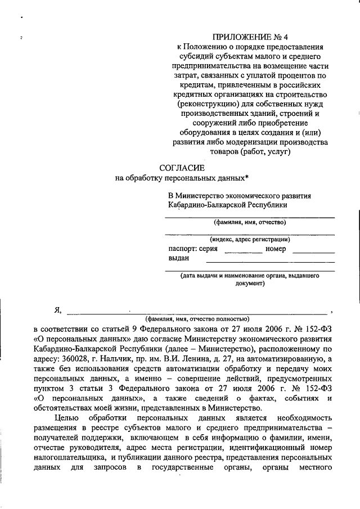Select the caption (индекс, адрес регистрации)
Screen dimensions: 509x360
pos(250,238)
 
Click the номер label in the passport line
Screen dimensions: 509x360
pos(276,249)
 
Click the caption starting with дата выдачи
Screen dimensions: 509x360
pos(250,276)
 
